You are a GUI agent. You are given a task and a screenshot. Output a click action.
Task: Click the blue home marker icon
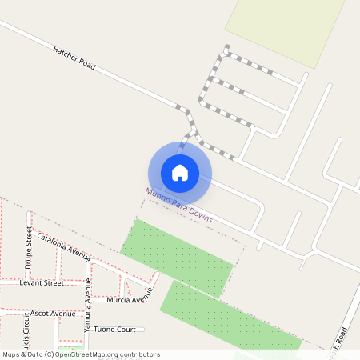coord(180,173)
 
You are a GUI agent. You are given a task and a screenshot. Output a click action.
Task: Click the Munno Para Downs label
coord(179,206)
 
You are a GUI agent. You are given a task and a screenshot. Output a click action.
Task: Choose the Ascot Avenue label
coord(52,314)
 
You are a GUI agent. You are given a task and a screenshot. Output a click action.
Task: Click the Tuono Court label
coord(114,330)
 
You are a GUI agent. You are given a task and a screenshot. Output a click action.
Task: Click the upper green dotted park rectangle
coord(178,256)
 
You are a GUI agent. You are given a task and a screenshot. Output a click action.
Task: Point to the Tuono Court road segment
coord(139,330)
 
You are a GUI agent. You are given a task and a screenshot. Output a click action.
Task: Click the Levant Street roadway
coord(72,282)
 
